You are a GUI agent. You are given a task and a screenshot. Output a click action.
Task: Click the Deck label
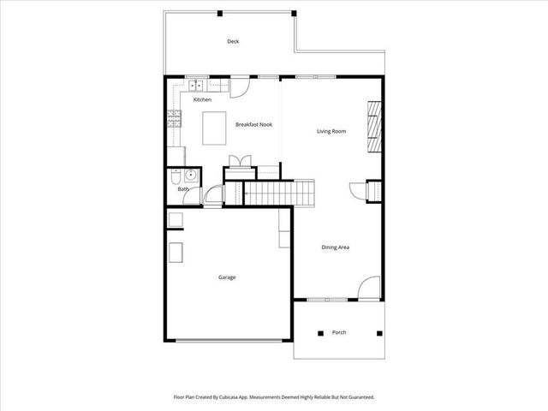[x=232, y=41]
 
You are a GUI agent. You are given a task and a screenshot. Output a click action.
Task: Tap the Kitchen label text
[x=202, y=100]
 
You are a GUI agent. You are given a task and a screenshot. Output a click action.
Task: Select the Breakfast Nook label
[x=253, y=125]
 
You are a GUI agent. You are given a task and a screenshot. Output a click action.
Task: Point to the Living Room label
[x=331, y=131]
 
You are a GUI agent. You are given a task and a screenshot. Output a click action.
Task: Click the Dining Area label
[x=335, y=247]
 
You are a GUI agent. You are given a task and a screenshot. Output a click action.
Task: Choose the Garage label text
[x=227, y=277]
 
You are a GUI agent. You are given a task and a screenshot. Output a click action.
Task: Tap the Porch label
[x=338, y=332]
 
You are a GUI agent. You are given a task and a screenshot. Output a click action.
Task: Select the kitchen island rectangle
[x=214, y=128]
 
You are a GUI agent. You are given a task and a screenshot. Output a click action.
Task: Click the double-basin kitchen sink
[x=195, y=85]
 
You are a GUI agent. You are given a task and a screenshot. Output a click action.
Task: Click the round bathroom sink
[x=191, y=176]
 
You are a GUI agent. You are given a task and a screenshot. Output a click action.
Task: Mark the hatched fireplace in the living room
[x=374, y=123]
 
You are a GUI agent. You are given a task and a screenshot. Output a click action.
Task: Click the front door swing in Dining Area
[x=367, y=288]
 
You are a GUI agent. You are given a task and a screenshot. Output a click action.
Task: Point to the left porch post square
[x=319, y=332]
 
